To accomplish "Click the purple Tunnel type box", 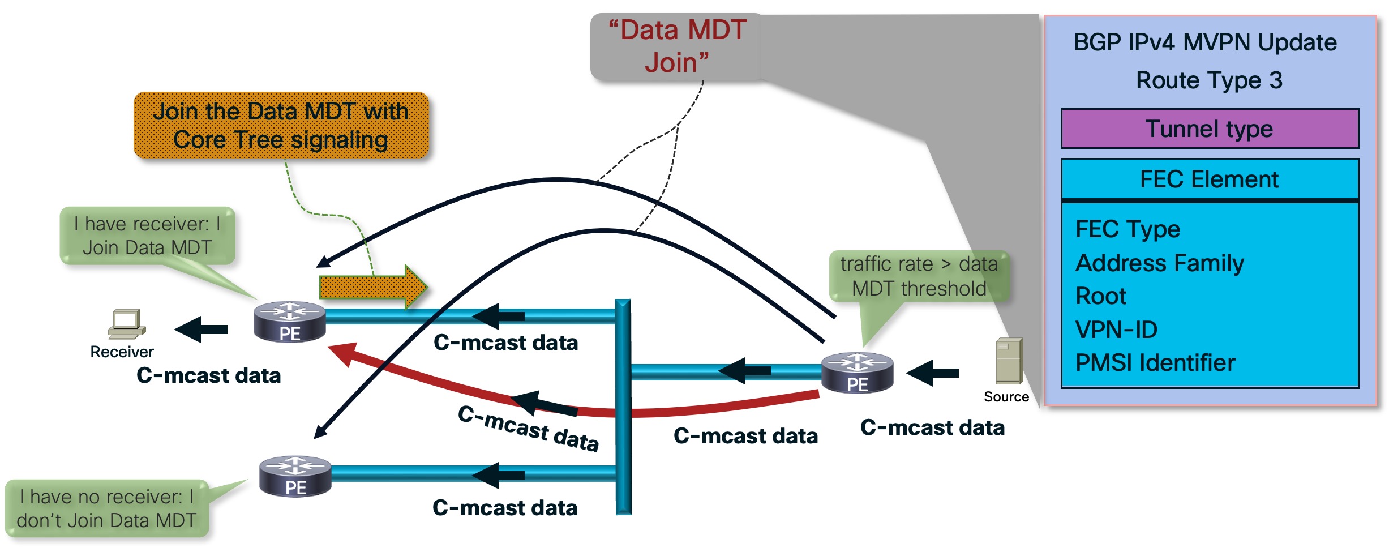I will point(1209,129).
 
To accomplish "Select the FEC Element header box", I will point(1209,179).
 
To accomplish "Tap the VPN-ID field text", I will point(1116,330).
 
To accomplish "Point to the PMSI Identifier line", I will point(1155,363).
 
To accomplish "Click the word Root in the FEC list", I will point(1101,296).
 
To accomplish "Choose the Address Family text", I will point(1159,263).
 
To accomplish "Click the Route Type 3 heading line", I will point(1209,80).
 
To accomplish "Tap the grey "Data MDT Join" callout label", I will point(677,46).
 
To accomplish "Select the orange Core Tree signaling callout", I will point(281,125).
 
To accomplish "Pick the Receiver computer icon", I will point(127,324).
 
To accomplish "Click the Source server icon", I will point(1009,361).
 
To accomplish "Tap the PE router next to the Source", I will point(857,373).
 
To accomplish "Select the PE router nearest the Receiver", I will point(290,322).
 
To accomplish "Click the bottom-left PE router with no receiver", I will point(295,476).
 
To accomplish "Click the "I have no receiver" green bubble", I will point(106,508).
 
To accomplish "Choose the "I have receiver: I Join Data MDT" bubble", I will point(147,236).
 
